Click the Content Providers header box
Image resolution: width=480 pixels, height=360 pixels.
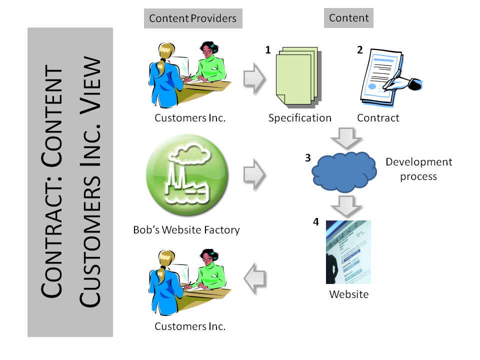(192, 19)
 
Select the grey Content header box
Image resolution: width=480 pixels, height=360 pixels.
(349, 18)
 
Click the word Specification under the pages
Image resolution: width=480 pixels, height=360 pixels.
(300, 118)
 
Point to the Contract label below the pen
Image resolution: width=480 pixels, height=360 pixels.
(378, 118)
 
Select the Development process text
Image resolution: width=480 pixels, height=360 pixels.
(418, 169)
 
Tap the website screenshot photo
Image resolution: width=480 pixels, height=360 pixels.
(348, 252)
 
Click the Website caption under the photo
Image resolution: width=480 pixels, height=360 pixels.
(348, 294)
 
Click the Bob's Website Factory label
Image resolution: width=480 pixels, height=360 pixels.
(186, 230)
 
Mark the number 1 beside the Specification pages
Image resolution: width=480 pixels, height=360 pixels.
(268, 50)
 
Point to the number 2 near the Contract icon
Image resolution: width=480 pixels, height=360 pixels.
(359, 50)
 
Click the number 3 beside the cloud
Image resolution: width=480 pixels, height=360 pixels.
(308, 157)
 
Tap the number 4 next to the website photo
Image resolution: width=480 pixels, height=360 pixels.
(316, 221)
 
